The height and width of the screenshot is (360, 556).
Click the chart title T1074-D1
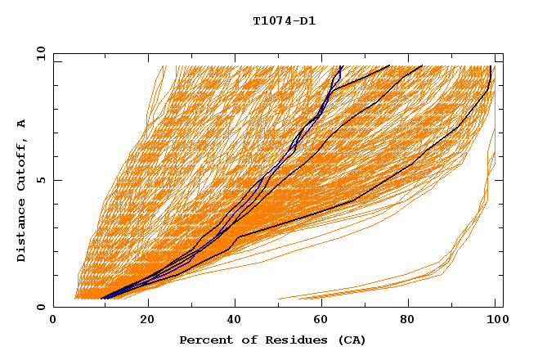[x=284, y=21]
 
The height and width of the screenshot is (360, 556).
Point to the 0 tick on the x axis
[x=53, y=320]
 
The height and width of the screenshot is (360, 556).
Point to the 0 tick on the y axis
[x=40, y=308]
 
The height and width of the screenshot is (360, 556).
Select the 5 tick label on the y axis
[x=40, y=180]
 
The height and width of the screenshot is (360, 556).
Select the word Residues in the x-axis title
[x=284, y=340]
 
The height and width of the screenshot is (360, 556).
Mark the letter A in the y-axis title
[x=21, y=124]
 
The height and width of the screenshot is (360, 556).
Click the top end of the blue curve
[x=340, y=66]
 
